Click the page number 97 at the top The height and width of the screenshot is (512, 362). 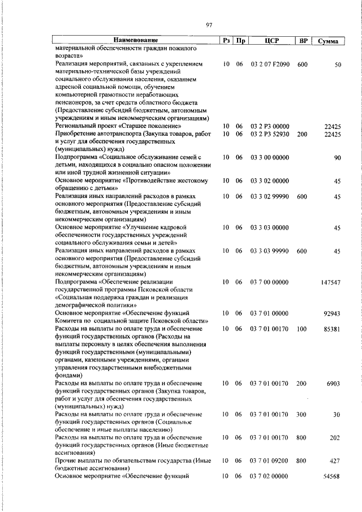[209, 24]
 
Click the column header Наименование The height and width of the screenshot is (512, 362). [136, 41]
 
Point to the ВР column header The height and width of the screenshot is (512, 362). [303, 41]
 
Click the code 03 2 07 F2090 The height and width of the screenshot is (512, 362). [270, 65]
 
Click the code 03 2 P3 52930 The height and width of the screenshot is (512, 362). [270, 134]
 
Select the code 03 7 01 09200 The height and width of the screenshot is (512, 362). [270, 462]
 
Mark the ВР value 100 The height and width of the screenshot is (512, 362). [301, 329]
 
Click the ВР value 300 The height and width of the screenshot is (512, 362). [301, 415]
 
